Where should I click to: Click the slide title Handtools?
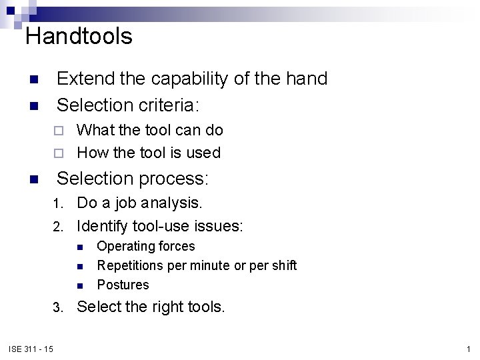pos(79,36)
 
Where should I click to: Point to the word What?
pos(95,130)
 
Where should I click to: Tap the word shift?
pos(283,265)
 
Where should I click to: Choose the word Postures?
pos(123,285)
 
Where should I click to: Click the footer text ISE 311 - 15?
pos(31,349)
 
